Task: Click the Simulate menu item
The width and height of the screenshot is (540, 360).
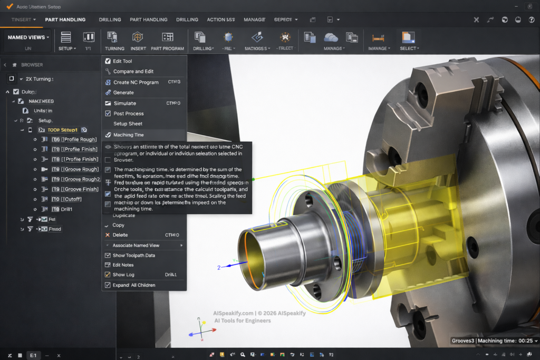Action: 124,103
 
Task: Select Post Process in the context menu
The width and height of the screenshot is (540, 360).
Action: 128,113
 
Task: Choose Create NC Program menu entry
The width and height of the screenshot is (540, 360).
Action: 136,82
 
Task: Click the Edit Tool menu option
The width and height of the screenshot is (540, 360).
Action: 122,61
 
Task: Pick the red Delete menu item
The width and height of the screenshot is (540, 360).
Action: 120,235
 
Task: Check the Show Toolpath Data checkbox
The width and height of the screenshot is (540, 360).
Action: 108,256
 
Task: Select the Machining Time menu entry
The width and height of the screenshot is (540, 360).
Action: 128,135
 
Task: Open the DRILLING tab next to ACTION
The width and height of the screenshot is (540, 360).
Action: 187,20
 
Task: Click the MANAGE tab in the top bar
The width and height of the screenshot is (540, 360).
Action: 254,20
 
